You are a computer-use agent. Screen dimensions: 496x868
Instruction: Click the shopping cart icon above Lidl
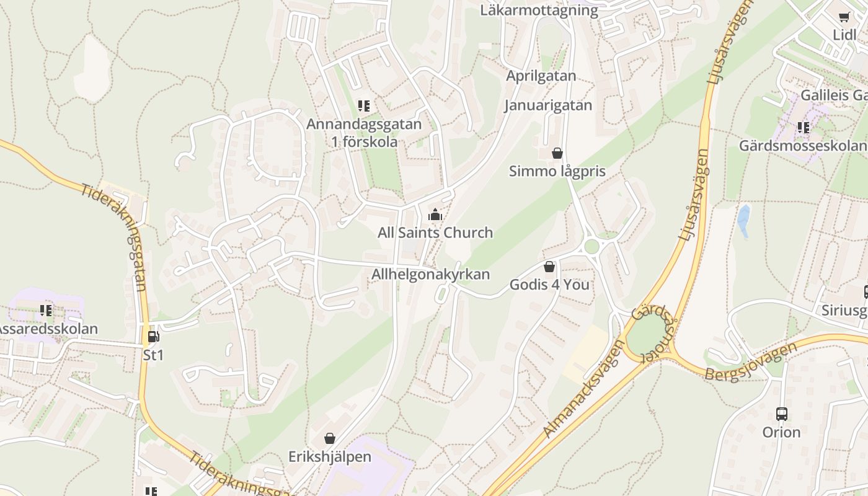[x=844, y=17]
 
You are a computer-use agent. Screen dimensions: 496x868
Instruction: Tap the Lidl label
[x=844, y=35]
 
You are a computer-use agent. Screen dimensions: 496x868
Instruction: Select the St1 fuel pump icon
[x=153, y=337]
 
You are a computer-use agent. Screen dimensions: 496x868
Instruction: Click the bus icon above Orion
[x=781, y=414]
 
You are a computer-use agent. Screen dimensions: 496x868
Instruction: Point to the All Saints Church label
[x=435, y=232]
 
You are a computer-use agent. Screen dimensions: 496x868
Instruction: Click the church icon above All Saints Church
[x=435, y=215]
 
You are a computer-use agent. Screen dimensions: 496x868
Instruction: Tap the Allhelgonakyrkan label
[x=430, y=274]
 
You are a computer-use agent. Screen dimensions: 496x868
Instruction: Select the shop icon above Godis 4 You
[x=549, y=267]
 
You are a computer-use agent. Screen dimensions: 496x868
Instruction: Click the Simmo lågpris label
[x=557, y=171]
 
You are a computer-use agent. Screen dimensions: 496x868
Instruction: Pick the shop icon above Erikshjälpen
[x=330, y=438]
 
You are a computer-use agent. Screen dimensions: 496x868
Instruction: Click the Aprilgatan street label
[x=541, y=76]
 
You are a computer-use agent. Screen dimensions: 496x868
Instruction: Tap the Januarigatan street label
[x=548, y=105]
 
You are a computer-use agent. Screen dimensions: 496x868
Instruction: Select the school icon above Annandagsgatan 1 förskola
[x=364, y=106]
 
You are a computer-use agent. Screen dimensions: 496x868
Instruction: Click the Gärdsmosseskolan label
[x=802, y=146]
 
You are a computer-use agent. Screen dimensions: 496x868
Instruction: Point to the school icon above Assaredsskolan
[x=45, y=310]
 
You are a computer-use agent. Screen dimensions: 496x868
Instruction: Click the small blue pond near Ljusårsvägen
[x=743, y=221]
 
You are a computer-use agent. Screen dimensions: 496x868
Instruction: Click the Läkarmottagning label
[x=539, y=11]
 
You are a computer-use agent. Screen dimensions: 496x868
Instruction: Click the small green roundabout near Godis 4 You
[x=591, y=246]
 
